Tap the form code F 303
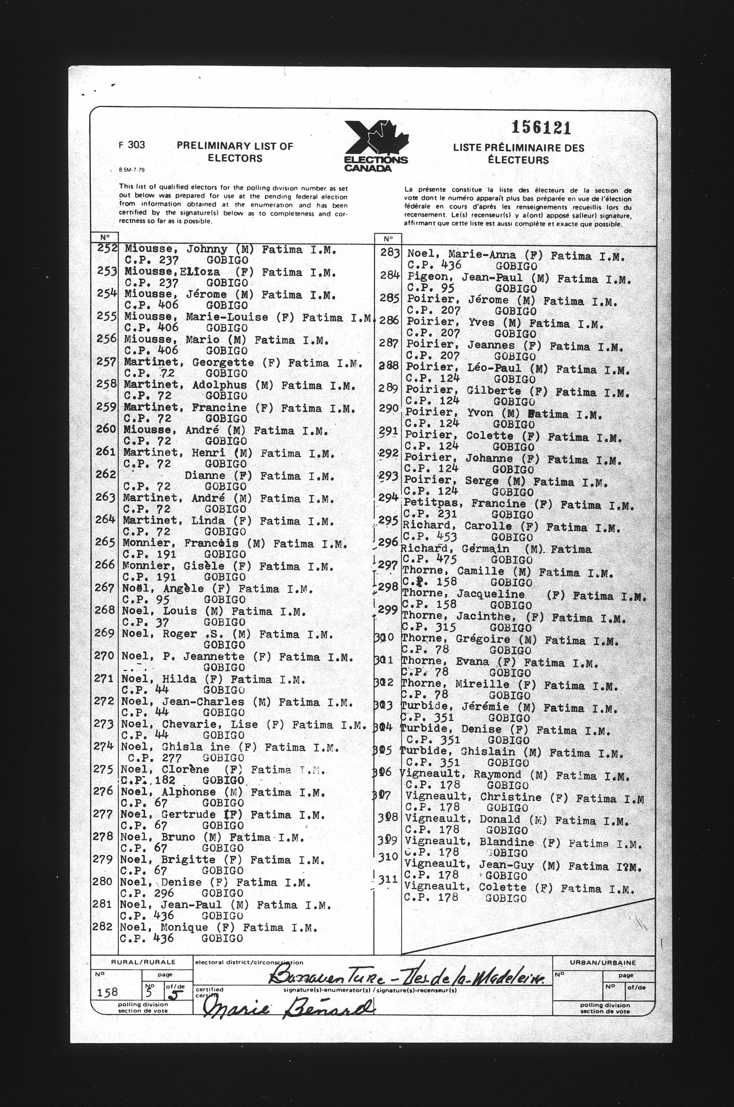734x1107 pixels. coord(132,144)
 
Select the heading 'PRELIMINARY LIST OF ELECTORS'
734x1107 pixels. coord(235,152)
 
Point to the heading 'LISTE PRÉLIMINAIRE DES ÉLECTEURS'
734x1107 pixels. coord(518,154)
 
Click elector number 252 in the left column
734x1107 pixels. coord(107,248)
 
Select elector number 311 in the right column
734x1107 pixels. coord(388,880)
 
